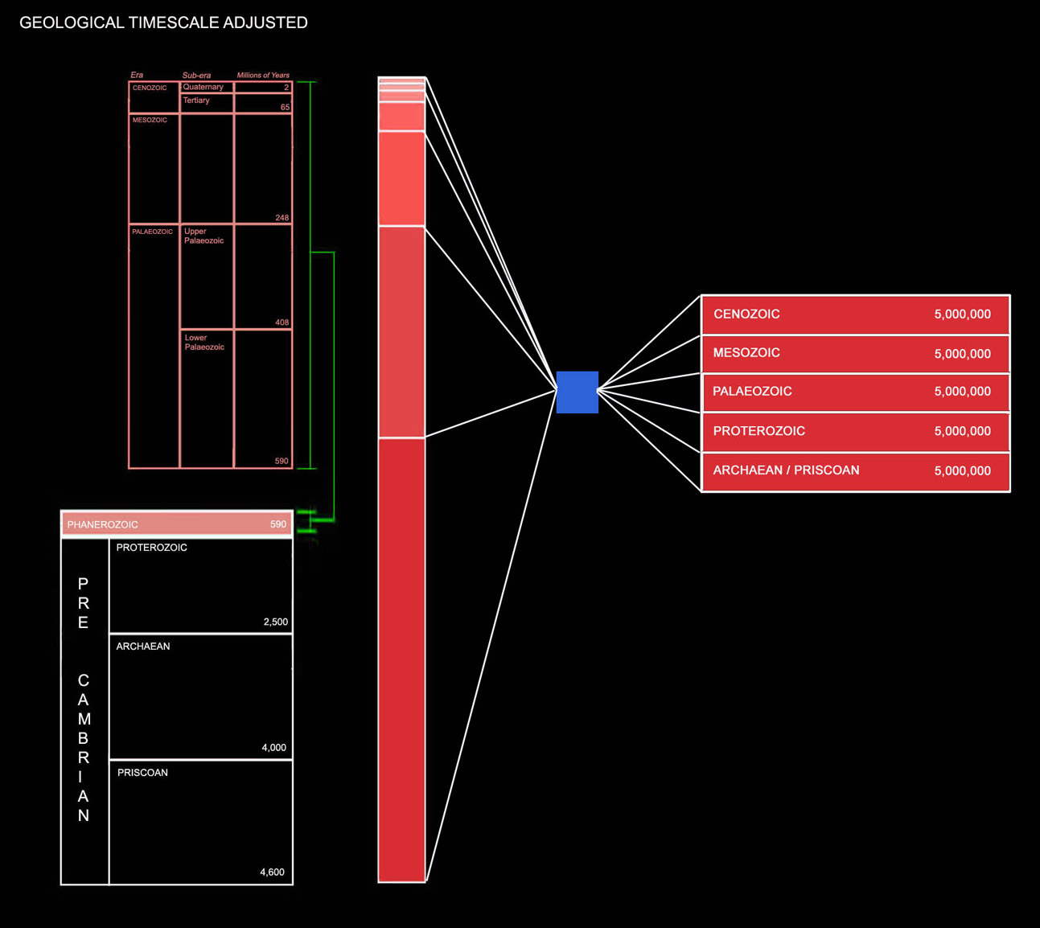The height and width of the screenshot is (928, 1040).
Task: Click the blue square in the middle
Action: [577, 392]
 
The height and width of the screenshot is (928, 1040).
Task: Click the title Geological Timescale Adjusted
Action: [163, 23]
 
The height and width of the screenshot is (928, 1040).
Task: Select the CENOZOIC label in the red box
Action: [746, 314]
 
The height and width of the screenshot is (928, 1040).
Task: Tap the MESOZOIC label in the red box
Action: [746, 353]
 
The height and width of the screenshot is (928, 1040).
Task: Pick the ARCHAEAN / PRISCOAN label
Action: [786, 470]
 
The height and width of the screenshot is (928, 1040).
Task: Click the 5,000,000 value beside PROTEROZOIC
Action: [962, 432]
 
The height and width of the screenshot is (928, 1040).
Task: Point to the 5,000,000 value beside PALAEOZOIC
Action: [962, 392]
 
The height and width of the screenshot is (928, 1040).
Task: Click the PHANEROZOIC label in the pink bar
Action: [102, 525]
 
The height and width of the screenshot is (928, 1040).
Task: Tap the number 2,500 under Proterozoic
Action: [275, 622]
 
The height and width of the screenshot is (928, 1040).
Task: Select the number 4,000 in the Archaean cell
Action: [273, 748]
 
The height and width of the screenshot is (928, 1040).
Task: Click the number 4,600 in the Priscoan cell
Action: [272, 873]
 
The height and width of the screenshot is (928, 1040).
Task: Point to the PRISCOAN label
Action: [142, 773]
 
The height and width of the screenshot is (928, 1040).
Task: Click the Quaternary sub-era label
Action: [203, 87]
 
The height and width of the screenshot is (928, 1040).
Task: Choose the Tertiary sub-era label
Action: [196, 101]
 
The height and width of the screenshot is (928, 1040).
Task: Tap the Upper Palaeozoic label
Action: [203, 236]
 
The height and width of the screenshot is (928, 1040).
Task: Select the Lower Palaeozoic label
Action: [204, 343]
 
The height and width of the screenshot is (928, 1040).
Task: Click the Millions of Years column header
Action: [263, 75]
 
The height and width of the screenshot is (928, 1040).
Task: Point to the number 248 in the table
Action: [282, 218]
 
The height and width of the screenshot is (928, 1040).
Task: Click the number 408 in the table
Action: [282, 322]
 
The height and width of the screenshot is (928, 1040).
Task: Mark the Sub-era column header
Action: [196, 75]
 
